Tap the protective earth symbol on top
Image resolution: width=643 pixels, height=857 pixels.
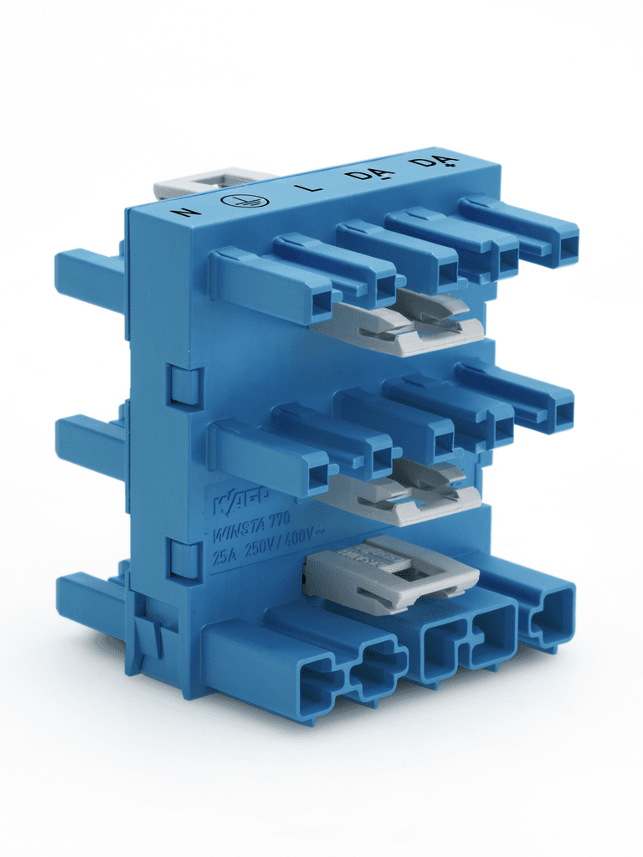pos(244,201)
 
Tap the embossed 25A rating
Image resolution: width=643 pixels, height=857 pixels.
pos(224,556)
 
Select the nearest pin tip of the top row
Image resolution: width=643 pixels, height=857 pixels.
pos(321,305)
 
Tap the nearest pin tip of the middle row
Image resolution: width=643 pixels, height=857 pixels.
pos(317,476)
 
